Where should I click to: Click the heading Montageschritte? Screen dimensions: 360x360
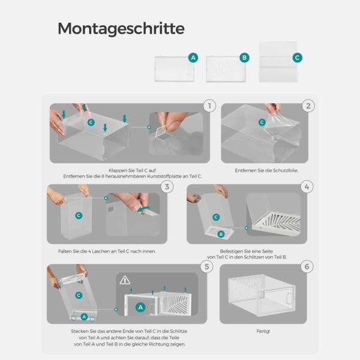click(121, 28)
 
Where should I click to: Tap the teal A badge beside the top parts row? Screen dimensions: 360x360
click(193, 58)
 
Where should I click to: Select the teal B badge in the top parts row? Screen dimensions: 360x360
click(244, 58)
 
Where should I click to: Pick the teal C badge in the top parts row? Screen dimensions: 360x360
click(298, 58)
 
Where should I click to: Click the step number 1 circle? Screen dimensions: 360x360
click(209, 106)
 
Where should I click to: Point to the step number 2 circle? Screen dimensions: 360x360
click(308, 106)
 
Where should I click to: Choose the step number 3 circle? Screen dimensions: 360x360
click(167, 187)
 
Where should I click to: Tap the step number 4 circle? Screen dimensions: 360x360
click(307, 187)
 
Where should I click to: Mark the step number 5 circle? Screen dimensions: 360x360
click(206, 266)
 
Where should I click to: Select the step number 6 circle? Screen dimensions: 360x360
click(307, 266)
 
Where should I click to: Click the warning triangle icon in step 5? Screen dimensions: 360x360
click(125, 280)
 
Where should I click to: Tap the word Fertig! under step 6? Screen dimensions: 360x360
click(263, 331)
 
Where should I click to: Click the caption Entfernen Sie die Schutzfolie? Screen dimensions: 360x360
click(266, 170)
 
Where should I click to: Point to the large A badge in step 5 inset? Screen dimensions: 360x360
click(140, 307)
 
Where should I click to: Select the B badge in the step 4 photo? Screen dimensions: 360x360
click(221, 234)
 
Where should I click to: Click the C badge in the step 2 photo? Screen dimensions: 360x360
click(262, 122)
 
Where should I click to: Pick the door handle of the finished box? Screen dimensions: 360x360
click(290, 298)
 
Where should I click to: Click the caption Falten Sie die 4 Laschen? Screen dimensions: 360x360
click(107, 251)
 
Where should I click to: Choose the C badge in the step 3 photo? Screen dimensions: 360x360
click(79, 215)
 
